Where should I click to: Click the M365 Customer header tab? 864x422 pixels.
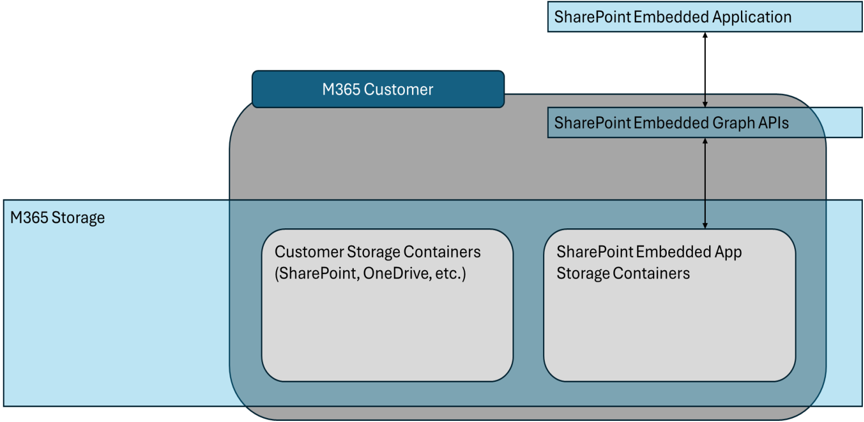click(x=378, y=89)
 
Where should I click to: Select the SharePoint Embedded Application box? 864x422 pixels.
click(x=705, y=17)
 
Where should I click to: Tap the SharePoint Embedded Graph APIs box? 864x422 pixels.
click(x=705, y=122)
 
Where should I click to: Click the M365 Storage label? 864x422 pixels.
click(x=57, y=218)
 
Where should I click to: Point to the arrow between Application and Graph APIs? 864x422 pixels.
click(x=705, y=69)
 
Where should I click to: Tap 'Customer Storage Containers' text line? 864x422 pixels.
click(x=378, y=252)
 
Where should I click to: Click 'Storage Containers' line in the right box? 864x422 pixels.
click(x=623, y=274)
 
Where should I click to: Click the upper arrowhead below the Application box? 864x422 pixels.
click(x=705, y=36)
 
